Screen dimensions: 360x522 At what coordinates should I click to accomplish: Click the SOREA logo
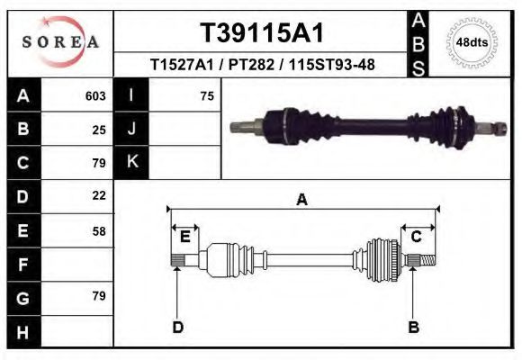pyautogui.click(x=60, y=42)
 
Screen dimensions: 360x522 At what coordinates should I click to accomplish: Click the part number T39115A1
pyautogui.click(x=261, y=32)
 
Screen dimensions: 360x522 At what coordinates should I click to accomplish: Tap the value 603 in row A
pyautogui.click(x=95, y=95)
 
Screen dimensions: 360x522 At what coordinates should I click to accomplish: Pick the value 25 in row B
pyautogui.click(x=99, y=129)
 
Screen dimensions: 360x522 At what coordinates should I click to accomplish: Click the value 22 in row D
pyautogui.click(x=99, y=195)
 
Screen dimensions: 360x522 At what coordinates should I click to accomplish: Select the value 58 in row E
pyautogui.click(x=99, y=230)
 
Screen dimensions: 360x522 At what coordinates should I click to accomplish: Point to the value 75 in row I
pyautogui.click(x=207, y=95)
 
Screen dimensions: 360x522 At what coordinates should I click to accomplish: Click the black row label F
pyautogui.click(x=22, y=265)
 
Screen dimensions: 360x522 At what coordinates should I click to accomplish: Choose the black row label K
pyautogui.click(x=131, y=162)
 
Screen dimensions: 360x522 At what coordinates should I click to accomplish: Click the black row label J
pyautogui.click(x=131, y=129)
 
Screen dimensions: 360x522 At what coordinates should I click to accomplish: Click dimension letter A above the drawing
pyautogui.click(x=302, y=201)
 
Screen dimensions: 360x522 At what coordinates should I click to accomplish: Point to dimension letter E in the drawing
pyautogui.click(x=184, y=237)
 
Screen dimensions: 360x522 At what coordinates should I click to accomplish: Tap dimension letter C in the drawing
pyautogui.click(x=417, y=237)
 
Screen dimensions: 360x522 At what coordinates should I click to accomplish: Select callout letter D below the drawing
pyautogui.click(x=177, y=328)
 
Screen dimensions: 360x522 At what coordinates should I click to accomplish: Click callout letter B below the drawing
pyautogui.click(x=414, y=328)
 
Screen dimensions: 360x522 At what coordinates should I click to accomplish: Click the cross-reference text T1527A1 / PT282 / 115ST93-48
pyautogui.click(x=262, y=65)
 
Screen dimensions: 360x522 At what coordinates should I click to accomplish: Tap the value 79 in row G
pyautogui.click(x=99, y=296)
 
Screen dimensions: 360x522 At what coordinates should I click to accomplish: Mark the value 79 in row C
pyautogui.click(x=99, y=163)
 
